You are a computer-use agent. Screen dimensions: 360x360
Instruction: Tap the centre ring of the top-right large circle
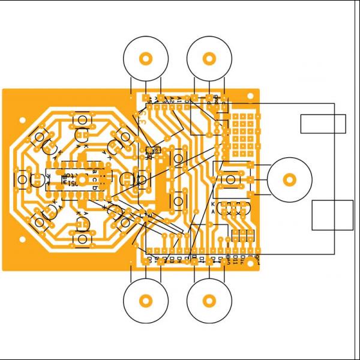[x=209, y=59]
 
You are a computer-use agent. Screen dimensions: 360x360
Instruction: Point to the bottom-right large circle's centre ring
[x=209, y=300]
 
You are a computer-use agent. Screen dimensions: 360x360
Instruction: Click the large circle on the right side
[x=289, y=179]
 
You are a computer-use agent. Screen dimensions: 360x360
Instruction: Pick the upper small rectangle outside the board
[x=323, y=124]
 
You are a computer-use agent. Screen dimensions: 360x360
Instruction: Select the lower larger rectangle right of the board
[x=332, y=215]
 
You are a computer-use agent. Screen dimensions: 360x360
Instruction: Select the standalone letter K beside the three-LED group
[x=213, y=205]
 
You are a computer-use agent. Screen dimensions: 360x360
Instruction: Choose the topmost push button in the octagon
[x=82, y=120]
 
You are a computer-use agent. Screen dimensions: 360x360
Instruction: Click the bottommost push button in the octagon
[x=82, y=239]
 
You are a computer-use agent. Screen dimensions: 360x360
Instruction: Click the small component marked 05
[x=150, y=150]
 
